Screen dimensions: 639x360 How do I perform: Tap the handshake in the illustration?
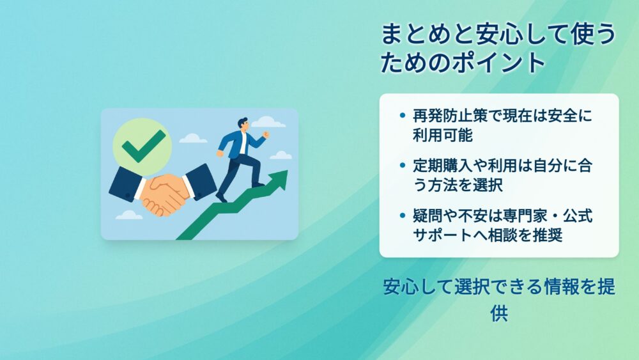(x=163, y=192)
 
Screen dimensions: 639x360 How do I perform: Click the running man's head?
(x=243, y=124)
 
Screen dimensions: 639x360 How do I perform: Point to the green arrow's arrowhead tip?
(x=288, y=171)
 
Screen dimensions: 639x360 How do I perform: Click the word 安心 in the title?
(x=497, y=34)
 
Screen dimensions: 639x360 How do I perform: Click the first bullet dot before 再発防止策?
(x=403, y=115)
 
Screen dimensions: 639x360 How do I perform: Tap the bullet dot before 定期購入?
(x=403, y=166)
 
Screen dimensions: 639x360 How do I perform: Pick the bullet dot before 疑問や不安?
(x=403, y=215)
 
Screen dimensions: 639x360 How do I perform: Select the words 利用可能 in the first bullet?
(x=443, y=135)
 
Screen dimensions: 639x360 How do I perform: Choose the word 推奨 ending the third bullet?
(x=548, y=235)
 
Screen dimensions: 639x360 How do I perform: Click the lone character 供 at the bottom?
(x=499, y=313)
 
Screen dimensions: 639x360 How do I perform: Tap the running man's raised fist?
(x=266, y=134)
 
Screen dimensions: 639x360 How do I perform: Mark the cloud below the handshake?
(x=129, y=215)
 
